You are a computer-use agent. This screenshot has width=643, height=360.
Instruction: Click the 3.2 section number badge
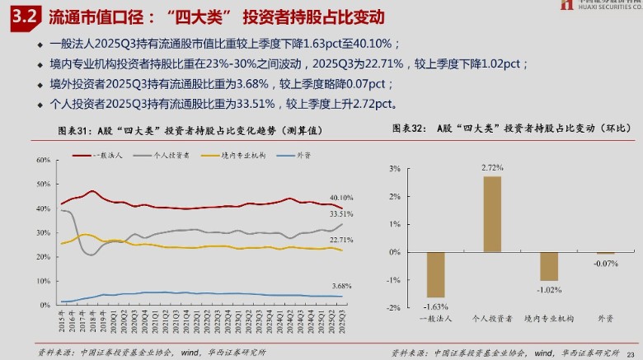coord(20,17)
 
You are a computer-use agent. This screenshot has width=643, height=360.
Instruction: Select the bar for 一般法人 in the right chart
coord(435,274)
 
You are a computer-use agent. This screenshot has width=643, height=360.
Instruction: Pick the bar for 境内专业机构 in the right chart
coord(548,266)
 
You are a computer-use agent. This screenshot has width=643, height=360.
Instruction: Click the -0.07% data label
coord(605,263)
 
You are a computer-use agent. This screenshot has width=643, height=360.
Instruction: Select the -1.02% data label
coord(548,289)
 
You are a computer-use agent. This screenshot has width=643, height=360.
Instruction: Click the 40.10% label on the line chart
coord(341,198)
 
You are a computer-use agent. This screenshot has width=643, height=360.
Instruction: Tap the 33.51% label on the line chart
coord(341,214)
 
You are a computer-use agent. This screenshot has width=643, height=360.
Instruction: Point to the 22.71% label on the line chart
coord(341,240)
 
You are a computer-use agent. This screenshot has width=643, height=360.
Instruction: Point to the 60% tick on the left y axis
coord(44,160)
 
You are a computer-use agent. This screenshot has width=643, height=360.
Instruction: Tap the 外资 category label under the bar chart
coord(605,318)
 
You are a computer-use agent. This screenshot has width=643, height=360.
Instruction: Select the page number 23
coord(631,353)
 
